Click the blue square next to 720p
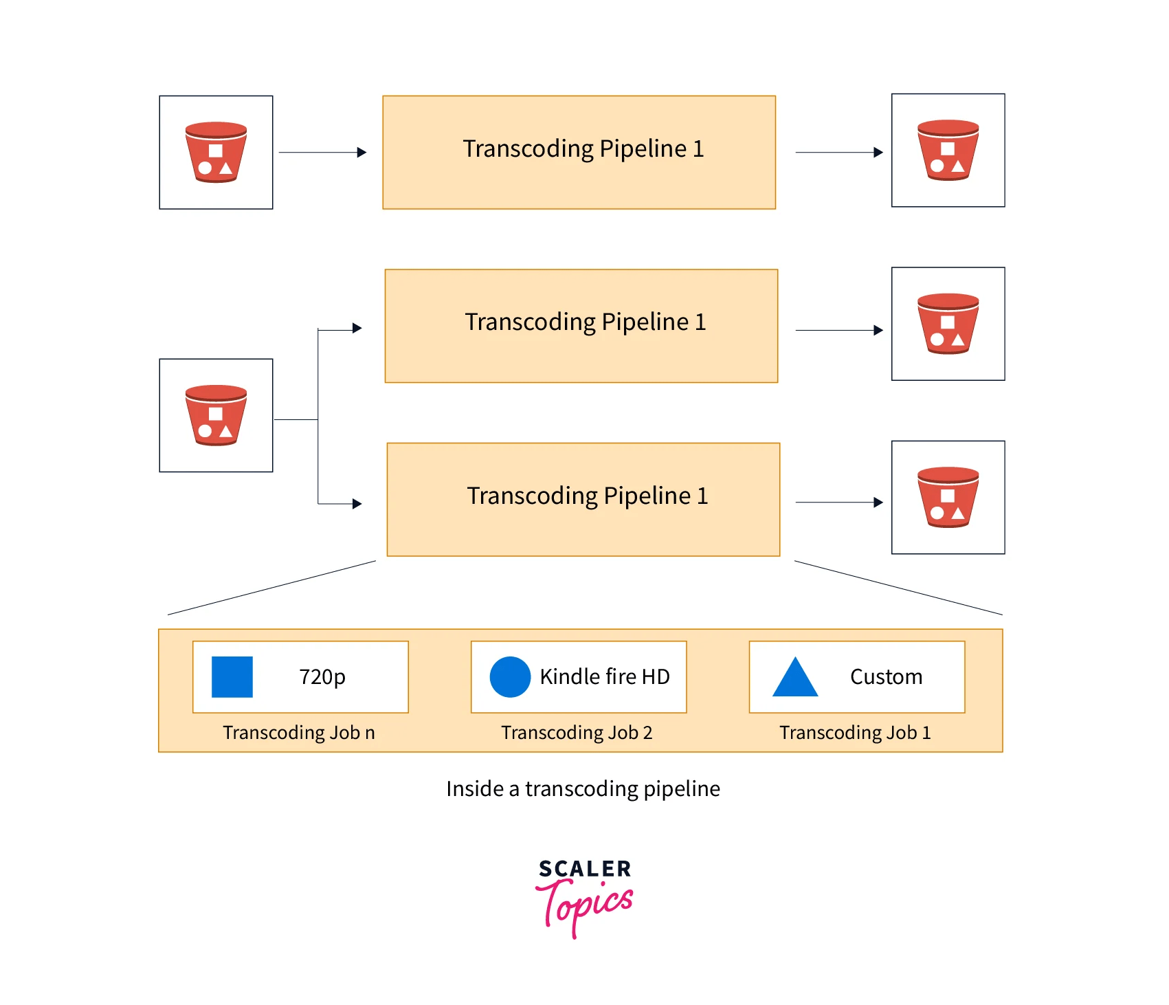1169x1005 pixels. pyautogui.click(x=232, y=677)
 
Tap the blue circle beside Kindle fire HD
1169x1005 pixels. pyautogui.click(x=510, y=677)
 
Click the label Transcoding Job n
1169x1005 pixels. pyautogui.click(x=299, y=733)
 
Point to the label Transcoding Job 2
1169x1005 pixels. pyautogui.click(x=577, y=733)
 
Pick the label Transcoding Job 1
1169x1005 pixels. pyautogui.click(x=855, y=733)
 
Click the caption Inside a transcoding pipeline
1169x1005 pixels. pyautogui.click(x=583, y=788)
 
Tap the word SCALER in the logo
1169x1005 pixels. pyautogui.click(x=585, y=869)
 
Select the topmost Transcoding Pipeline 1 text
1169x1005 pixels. pyautogui.click(x=583, y=148)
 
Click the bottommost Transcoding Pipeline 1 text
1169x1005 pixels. pyautogui.click(x=587, y=496)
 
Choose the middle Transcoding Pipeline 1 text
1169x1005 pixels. pyautogui.click(x=585, y=322)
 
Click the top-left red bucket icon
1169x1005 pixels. pyautogui.click(x=216, y=152)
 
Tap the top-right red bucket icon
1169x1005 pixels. pyautogui.click(x=948, y=150)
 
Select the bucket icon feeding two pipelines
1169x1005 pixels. pyautogui.click(x=216, y=415)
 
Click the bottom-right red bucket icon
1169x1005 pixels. pyautogui.click(x=948, y=497)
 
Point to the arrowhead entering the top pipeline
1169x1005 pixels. pyautogui.click(x=362, y=153)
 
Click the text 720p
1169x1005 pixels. pyautogui.click(x=322, y=677)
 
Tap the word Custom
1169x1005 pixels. pyautogui.click(x=886, y=677)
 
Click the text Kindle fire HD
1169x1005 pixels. pyautogui.click(x=604, y=677)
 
